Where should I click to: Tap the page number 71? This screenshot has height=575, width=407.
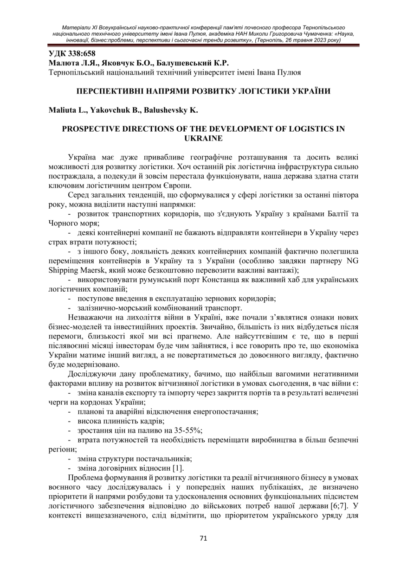203,538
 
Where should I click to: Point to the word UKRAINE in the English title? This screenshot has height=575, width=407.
203,138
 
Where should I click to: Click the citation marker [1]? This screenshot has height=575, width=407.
178,468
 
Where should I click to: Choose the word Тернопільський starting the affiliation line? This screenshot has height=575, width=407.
75,72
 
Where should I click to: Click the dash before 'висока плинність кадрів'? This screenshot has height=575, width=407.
69,421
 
